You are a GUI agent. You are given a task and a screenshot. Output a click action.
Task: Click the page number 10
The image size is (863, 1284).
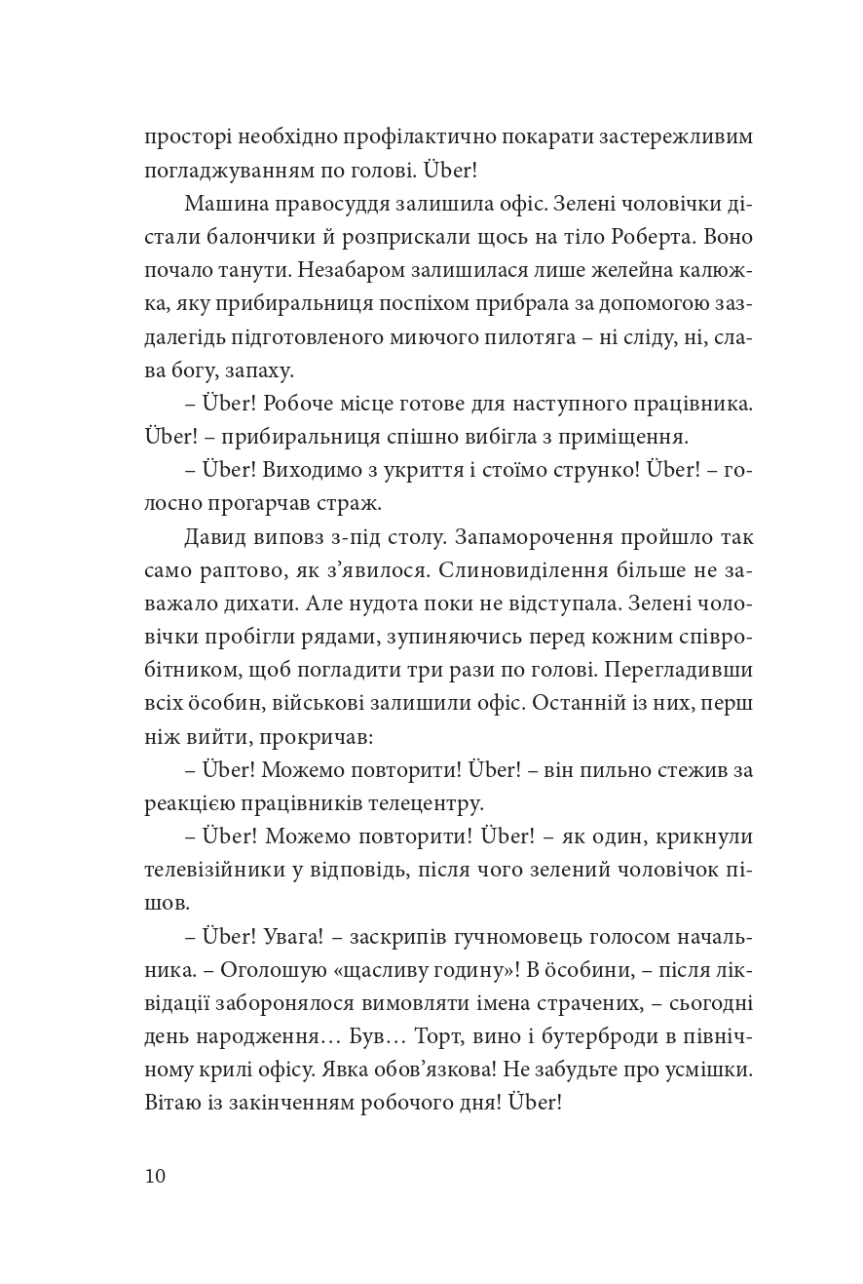[156, 1175]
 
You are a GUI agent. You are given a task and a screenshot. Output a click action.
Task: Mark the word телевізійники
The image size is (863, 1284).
[217, 872]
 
